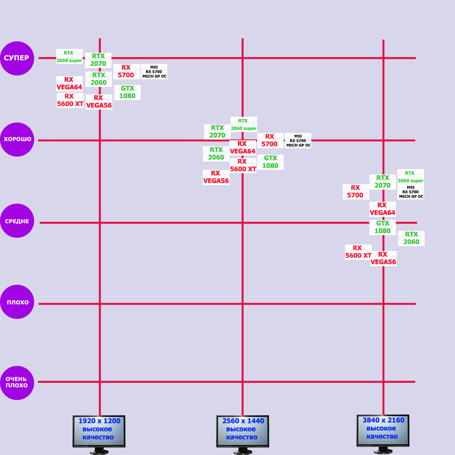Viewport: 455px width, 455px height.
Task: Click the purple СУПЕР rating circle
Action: pyautogui.click(x=17, y=58)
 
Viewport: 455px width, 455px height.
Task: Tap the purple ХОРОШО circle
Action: pyautogui.click(x=17, y=139)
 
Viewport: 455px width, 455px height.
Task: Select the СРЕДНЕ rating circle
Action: pyautogui.click(x=17, y=221)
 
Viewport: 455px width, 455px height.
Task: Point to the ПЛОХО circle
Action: pyautogui.click(x=17, y=302)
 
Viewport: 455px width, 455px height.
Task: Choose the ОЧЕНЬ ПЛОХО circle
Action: pyautogui.click(x=17, y=383)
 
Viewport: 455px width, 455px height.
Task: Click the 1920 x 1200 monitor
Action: pyautogui.click(x=99, y=431)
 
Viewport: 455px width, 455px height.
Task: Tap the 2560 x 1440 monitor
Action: pyautogui.click(x=243, y=431)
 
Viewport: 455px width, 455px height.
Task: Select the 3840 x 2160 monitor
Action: pyautogui.click(x=383, y=430)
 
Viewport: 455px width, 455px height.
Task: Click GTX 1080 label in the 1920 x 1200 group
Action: pyautogui.click(x=127, y=92)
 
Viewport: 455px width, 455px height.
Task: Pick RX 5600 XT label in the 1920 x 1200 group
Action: pyautogui.click(x=70, y=100)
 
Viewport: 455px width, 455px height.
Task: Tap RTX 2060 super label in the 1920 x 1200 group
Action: pyautogui.click(x=69, y=56)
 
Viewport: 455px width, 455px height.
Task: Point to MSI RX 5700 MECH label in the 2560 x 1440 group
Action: pyautogui.click(x=298, y=141)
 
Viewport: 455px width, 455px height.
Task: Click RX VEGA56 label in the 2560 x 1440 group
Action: pyautogui.click(x=216, y=177)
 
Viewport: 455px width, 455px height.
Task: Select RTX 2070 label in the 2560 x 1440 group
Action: pyautogui.click(x=217, y=132)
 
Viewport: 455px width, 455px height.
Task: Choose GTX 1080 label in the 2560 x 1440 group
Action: pyautogui.click(x=270, y=162)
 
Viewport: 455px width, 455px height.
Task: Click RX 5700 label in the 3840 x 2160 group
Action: pyautogui.click(x=356, y=191)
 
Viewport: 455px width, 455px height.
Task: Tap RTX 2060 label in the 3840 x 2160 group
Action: pyautogui.click(x=411, y=238)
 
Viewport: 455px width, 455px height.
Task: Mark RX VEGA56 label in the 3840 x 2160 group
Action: pyautogui.click(x=383, y=258)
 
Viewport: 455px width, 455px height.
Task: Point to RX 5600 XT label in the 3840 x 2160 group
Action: pyautogui.click(x=358, y=252)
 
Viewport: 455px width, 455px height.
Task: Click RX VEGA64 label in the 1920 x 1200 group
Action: pyautogui.click(x=69, y=83)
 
